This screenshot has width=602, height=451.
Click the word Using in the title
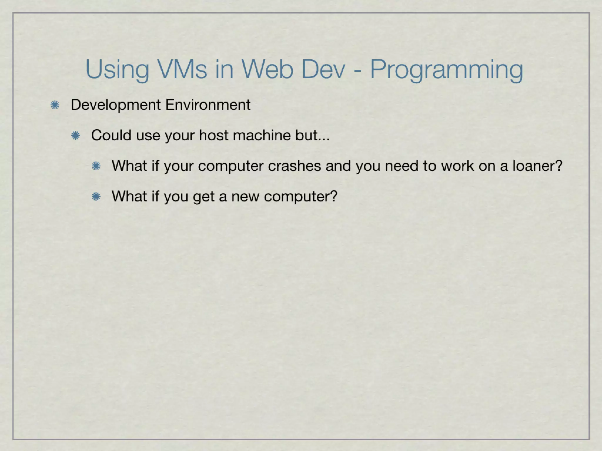[117, 70]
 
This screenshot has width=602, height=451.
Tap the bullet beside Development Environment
[55, 105]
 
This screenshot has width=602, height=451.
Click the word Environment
[208, 105]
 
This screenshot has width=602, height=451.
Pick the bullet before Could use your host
[76, 135]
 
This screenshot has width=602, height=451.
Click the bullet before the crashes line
[96, 166]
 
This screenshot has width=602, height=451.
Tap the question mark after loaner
[559, 166]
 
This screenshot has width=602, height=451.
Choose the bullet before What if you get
[96, 196]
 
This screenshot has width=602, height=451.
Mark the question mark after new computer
[334, 196]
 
